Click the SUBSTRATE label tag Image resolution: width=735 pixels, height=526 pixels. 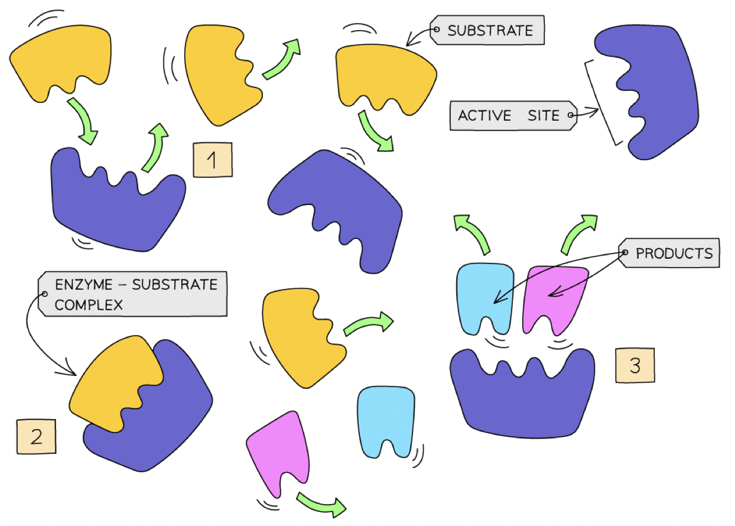(487, 30)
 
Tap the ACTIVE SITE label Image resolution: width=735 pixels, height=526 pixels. (513, 115)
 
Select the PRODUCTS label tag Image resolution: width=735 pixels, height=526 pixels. (669, 253)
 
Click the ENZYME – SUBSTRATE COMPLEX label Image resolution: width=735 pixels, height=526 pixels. (132, 294)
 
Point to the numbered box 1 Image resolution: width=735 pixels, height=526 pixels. (213, 160)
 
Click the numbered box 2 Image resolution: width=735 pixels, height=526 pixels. (37, 436)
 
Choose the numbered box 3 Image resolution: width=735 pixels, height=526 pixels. (635, 365)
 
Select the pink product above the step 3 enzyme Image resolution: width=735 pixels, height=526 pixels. (555, 298)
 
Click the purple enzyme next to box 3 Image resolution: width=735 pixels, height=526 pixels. (522, 394)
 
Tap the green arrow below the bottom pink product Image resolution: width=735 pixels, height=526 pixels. (322, 504)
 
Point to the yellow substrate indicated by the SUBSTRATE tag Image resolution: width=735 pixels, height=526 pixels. (386, 79)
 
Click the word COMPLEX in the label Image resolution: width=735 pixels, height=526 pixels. (89, 305)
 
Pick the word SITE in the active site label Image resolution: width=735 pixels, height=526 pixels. (544, 115)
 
